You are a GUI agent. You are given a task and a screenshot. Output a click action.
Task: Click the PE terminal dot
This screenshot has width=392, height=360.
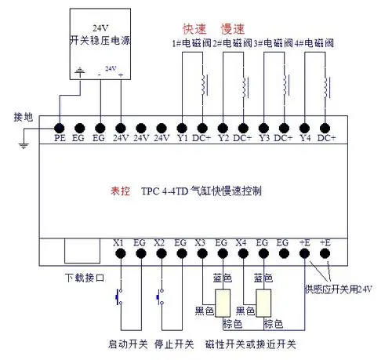(59, 126)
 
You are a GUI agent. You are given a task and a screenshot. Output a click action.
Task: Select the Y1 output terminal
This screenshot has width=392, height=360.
(182, 126)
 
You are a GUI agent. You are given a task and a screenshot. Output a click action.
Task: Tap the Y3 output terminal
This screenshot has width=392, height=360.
(264, 126)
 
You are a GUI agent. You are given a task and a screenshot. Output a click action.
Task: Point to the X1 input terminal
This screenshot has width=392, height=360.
(120, 254)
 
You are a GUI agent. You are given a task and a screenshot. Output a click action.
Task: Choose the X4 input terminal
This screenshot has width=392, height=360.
(241, 254)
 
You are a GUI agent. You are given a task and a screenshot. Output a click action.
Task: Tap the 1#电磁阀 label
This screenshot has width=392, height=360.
(191, 40)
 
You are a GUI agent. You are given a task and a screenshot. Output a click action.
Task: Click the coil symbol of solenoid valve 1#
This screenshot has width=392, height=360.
(206, 83)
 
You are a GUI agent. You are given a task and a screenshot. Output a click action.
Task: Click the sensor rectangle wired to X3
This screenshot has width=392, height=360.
(222, 302)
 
